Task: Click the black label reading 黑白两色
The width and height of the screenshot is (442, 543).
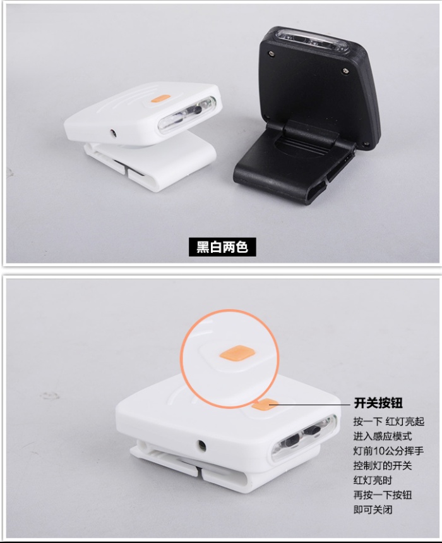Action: tap(222, 247)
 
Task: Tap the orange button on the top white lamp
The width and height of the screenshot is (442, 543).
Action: tap(160, 99)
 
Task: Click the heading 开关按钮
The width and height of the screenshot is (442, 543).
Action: tap(378, 403)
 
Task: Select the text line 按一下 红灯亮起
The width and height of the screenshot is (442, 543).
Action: tap(389, 422)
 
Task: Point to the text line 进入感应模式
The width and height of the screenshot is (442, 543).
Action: tap(383, 436)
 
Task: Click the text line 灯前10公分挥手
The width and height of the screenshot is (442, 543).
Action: tap(388, 451)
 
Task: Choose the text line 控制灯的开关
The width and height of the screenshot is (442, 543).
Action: tap(383, 465)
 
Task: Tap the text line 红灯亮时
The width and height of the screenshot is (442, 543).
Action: tap(373, 480)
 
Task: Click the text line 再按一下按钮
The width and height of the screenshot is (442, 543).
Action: tap(383, 495)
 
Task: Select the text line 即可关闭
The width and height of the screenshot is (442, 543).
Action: tap(373, 509)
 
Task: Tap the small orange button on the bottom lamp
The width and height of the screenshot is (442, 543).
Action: tap(265, 404)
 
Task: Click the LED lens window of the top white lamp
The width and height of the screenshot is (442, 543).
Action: tap(188, 114)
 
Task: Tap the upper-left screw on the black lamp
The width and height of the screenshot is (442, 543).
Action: tap(271, 53)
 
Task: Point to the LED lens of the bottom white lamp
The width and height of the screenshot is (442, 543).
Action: tap(303, 437)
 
